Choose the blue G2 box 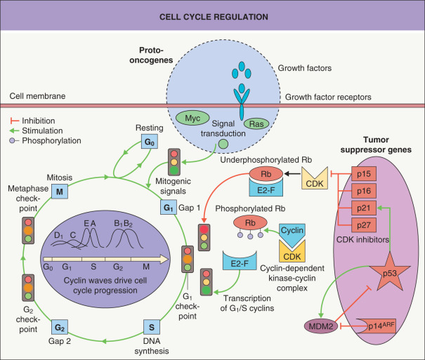coord(61,327)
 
